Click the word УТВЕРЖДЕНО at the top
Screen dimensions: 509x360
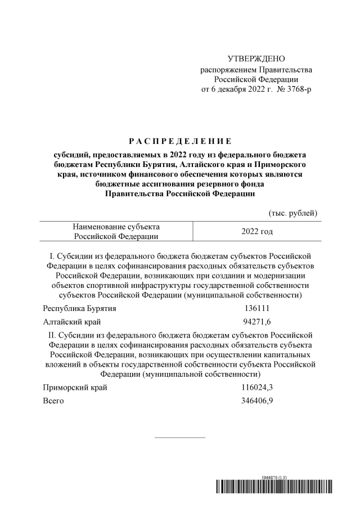point(256,59)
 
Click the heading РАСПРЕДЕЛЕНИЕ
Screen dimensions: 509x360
point(180,140)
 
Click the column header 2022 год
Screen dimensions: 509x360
point(256,231)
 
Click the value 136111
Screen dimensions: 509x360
point(256,309)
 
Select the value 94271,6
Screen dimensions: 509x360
point(256,322)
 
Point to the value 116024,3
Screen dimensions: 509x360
point(256,388)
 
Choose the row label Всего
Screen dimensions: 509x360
point(53,400)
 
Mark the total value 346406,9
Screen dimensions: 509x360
point(256,400)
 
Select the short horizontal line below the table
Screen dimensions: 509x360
point(180,437)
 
